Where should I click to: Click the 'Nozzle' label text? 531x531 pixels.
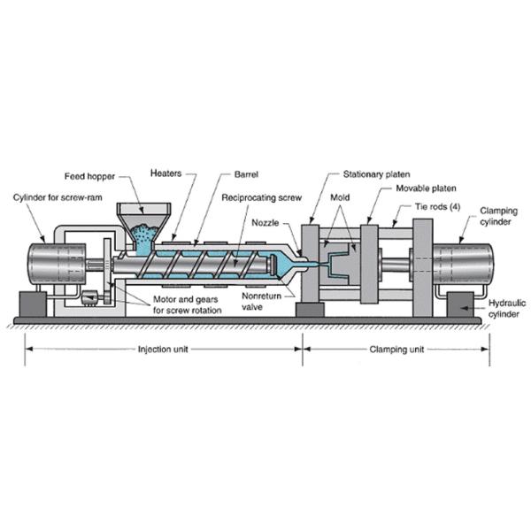click(x=266, y=221)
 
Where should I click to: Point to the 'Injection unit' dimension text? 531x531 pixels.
click(x=165, y=349)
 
